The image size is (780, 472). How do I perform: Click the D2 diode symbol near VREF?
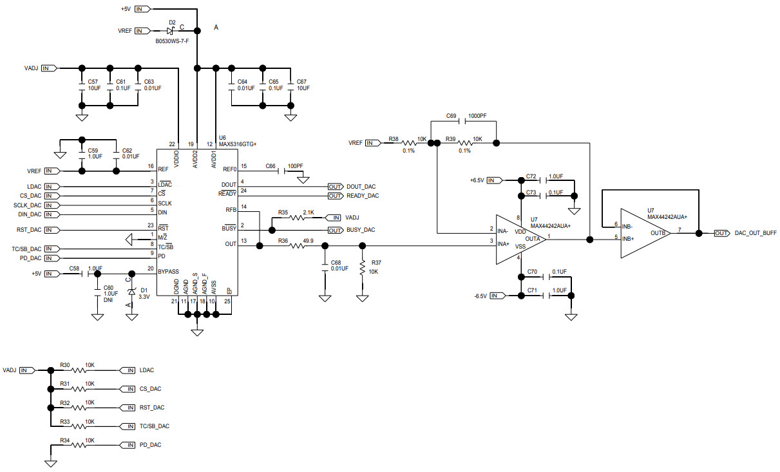[171, 30]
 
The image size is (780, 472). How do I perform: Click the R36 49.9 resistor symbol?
[298, 245]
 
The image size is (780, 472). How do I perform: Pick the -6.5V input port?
[497, 296]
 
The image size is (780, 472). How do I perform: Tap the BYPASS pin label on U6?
[168, 271]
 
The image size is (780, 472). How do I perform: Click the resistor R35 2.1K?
[296, 218]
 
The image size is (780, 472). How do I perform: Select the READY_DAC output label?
[362, 196]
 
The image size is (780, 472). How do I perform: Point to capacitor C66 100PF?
[278, 170]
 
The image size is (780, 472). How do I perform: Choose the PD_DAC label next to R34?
[150, 444]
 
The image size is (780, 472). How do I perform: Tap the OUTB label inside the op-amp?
[658, 233]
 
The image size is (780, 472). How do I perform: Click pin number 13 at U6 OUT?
[243, 241]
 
